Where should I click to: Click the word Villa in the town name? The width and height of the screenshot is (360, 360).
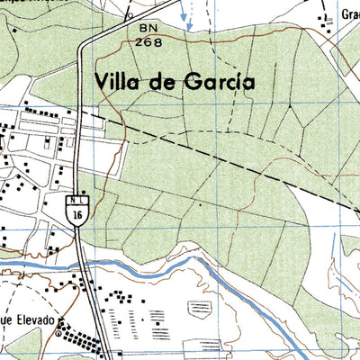pyautogui.click(x=121, y=82)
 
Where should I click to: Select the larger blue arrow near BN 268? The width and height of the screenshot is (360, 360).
pyautogui.click(x=186, y=15)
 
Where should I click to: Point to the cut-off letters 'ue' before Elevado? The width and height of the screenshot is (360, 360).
pyautogui.click(x=5, y=320)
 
